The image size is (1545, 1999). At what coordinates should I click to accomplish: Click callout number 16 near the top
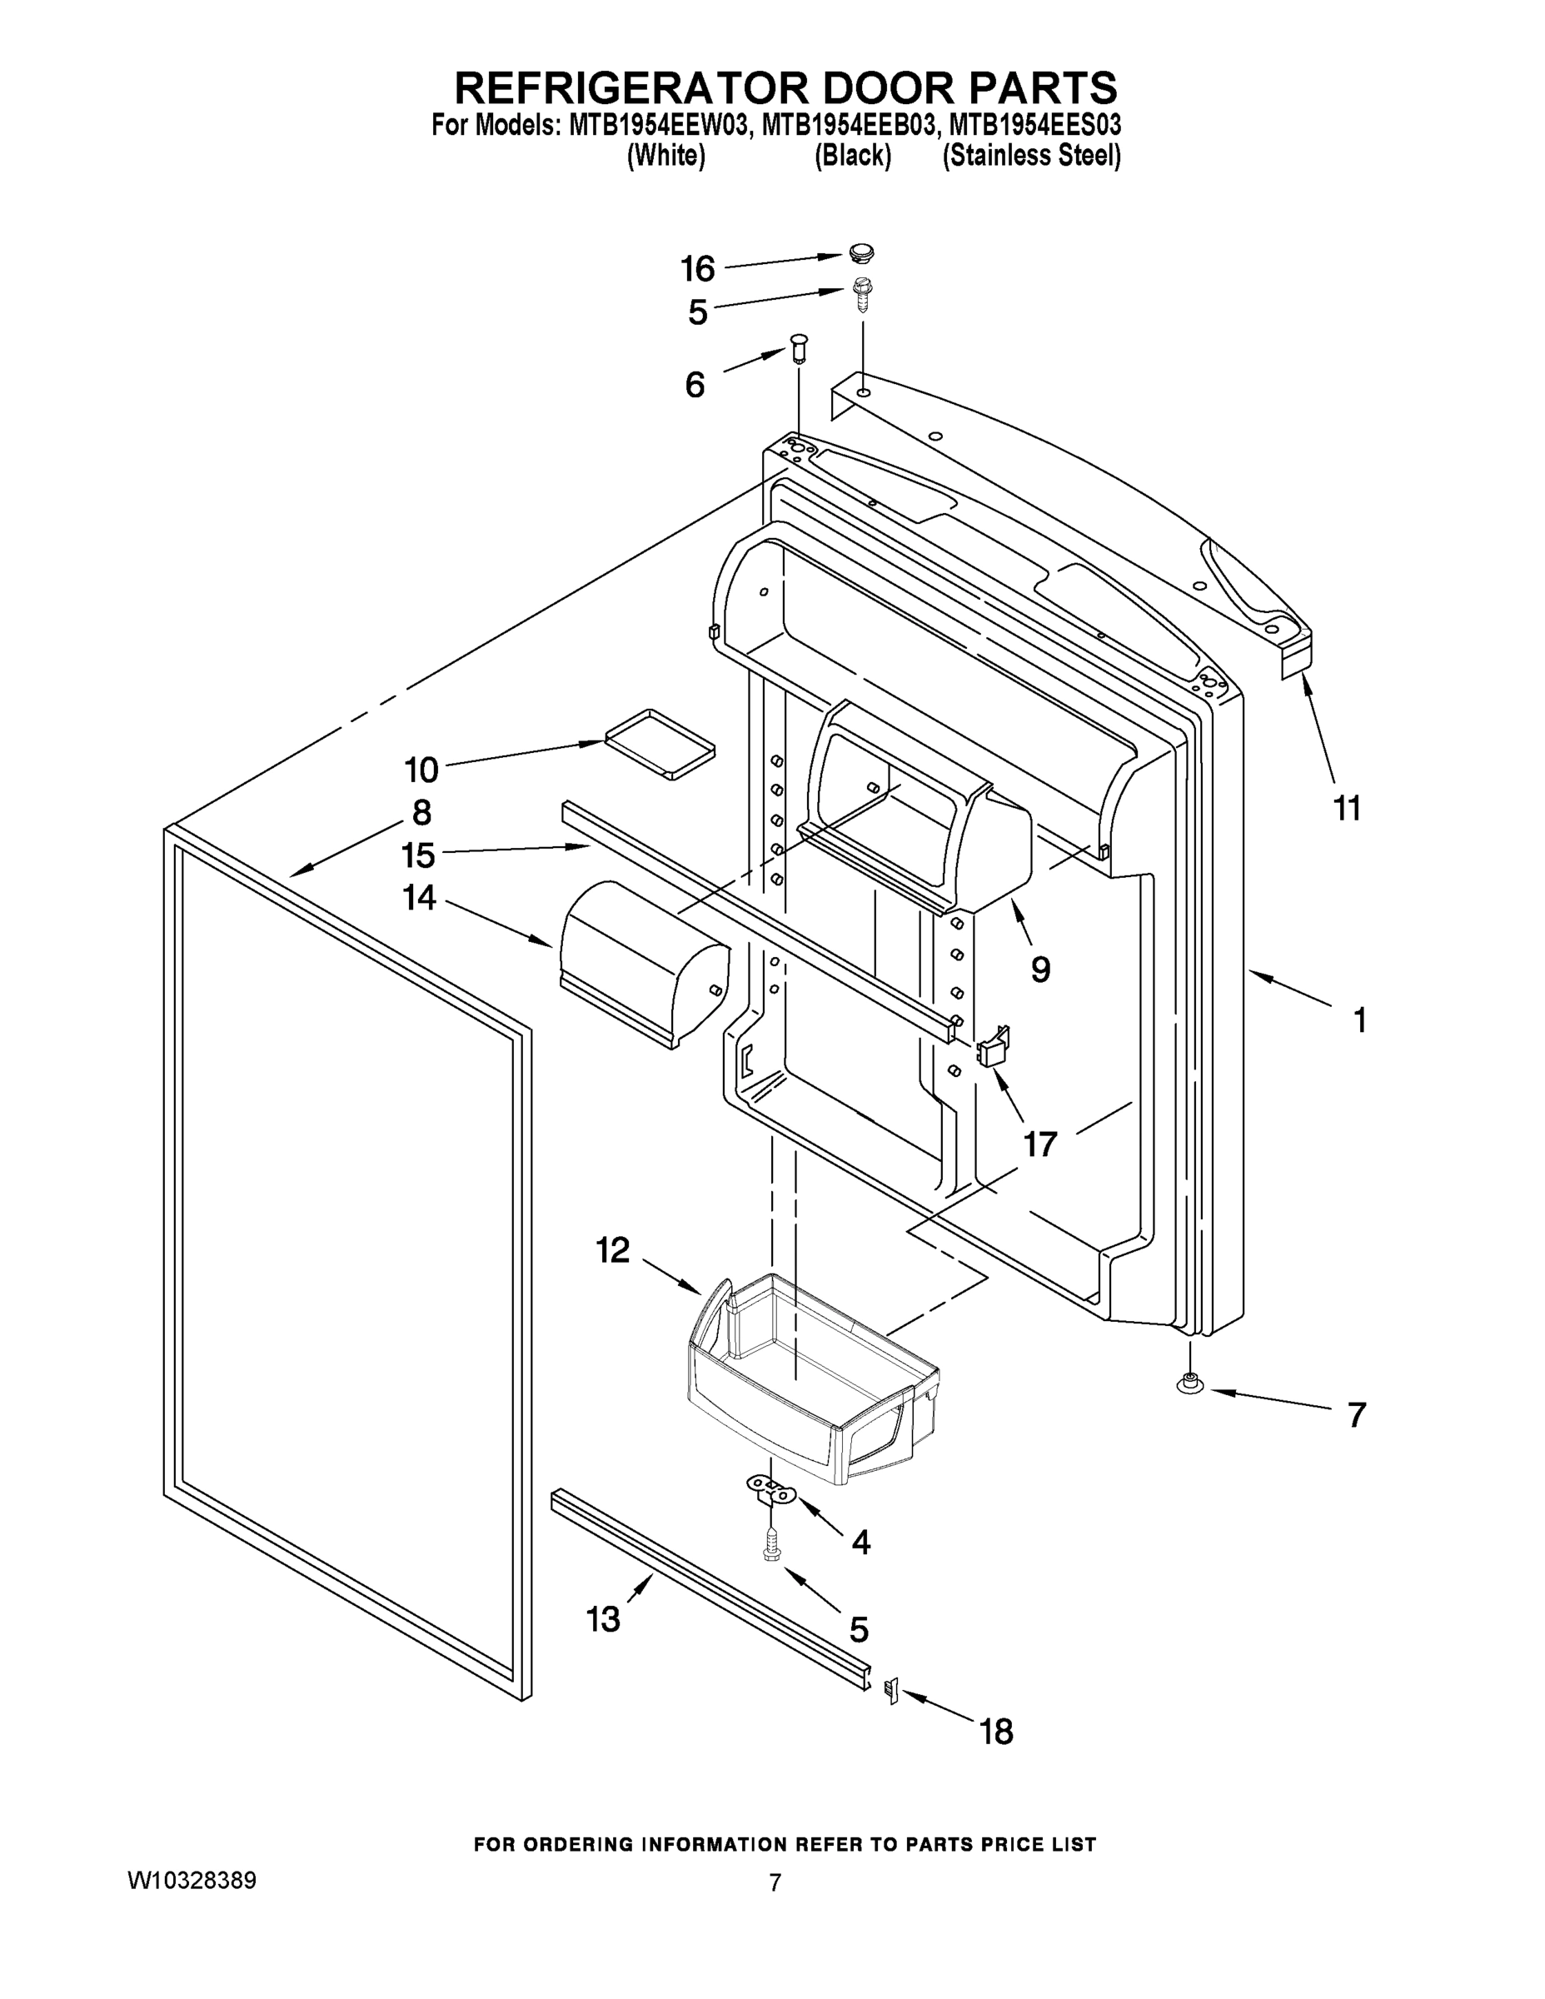coord(697,269)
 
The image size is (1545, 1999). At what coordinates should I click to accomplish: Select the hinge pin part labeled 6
coord(799,349)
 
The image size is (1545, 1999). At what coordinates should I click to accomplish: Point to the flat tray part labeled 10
coord(660,742)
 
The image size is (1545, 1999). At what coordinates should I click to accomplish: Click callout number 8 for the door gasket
coord(421,812)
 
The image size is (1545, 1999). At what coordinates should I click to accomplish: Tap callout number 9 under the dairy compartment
coord(1039,969)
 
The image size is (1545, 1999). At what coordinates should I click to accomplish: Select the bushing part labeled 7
coord(1190,1386)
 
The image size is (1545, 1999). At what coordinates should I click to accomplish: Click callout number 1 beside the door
coord(1360,1019)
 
